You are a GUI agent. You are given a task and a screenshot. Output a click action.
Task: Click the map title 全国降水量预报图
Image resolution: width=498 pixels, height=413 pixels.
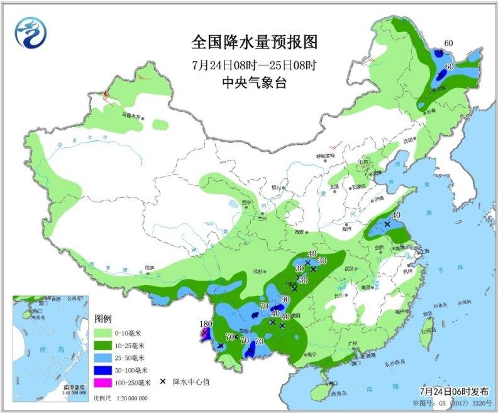pyautogui.click(x=254, y=42)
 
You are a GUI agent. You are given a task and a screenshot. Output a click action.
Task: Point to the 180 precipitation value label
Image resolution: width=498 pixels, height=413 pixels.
pyautogui.click(x=204, y=324)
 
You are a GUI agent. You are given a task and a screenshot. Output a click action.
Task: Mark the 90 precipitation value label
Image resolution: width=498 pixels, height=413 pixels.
pyautogui.click(x=285, y=299)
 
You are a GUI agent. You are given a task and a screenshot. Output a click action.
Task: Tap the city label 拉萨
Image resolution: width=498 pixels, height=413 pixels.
pyautogui.click(x=148, y=268)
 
